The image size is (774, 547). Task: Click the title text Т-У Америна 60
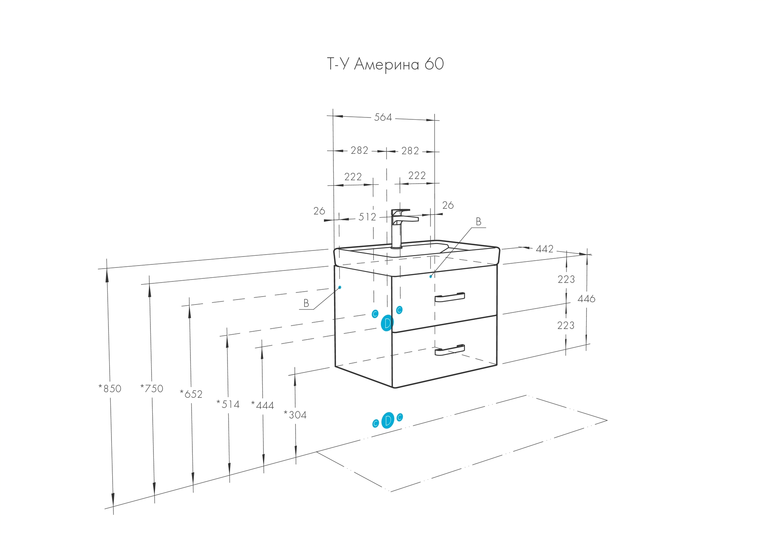(385, 65)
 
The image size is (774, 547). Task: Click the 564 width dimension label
(383, 117)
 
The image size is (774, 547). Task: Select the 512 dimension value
(367, 217)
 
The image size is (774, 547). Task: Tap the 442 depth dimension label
(545, 249)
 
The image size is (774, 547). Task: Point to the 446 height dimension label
(586, 299)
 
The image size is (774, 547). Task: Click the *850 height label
(110, 388)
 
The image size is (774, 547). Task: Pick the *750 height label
(152, 388)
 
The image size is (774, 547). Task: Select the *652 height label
(191, 394)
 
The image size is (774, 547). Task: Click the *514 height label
(228, 404)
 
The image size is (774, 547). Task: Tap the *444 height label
(263, 405)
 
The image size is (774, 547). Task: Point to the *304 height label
(295, 415)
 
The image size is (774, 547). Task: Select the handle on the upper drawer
(450, 298)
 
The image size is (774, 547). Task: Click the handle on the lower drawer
(450, 350)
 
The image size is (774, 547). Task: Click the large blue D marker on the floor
(388, 420)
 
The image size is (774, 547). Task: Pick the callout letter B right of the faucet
(478, 222)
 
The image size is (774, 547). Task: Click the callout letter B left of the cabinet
(306, 303)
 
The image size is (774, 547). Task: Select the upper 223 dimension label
(566, 280)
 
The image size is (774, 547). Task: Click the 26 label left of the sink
(319, 211)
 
